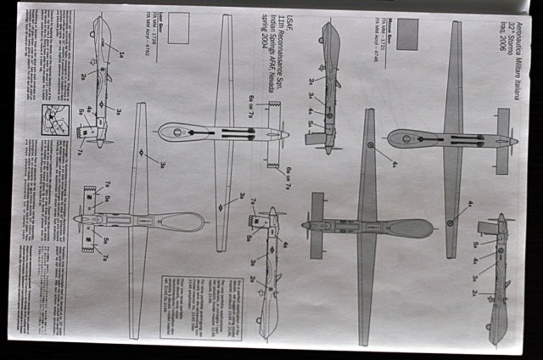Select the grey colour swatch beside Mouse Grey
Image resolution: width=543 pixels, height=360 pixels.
(x=408, y=34)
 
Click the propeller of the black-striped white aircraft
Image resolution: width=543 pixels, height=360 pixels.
(x=283, y=133)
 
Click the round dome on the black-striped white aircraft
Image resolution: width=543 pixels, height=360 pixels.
(x=176, y=132)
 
